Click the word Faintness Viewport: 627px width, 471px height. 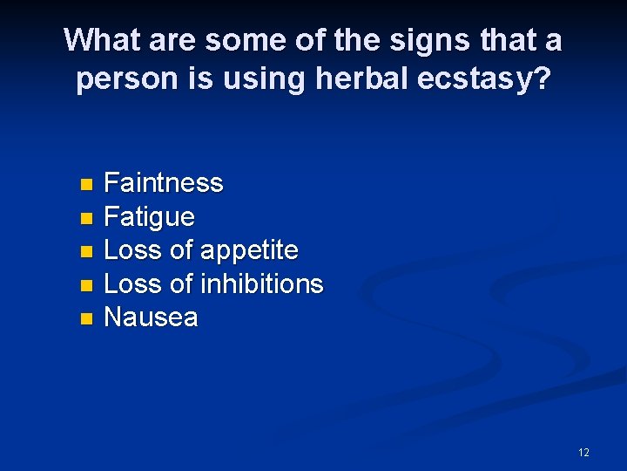[x=164, y=183]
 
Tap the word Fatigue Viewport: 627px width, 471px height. [x=149, y=217]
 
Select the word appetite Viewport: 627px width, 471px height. [x=249, y=251]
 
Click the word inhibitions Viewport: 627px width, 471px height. [x=261, y=284]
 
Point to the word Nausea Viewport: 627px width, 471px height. [x=151, y=318]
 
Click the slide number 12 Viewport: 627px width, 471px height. [x=583, y=452]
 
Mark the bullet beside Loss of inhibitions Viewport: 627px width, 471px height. [x=85, y=285]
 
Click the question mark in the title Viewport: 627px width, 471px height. [x=541, y=79]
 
